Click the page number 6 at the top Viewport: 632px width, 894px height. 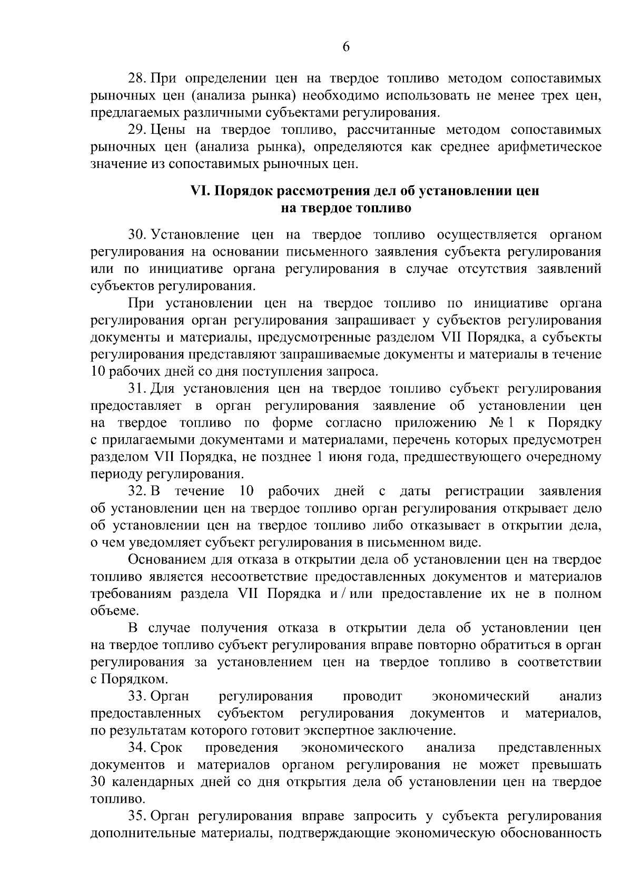pyautogui.click(x=346, y=46)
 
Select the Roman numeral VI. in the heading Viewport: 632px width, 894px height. pyautogui.click(x=201, y=191)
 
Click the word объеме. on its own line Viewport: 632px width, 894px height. pyautogui.click(x=108, y=611)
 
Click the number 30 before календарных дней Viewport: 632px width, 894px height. pyautogui.click(x=98, y=782)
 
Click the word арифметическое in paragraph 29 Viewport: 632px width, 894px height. pyautogui.click(x=549, y=146)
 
